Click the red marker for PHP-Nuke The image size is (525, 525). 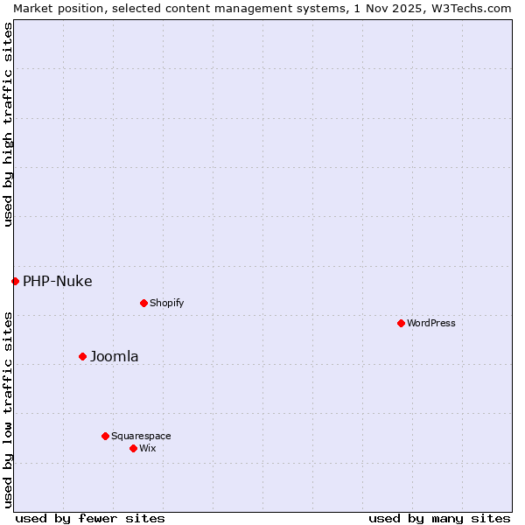pos(15,281)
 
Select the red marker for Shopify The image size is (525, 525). pos(143,303)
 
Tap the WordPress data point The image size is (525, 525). pos(401,323)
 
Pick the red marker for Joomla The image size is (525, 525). pos(82,356)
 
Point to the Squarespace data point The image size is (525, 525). pos(105,436)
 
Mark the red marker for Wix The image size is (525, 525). pos(133,448)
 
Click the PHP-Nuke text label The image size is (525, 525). pos(57,281)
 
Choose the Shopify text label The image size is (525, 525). pos(166,303)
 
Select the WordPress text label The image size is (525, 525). pos(430,323)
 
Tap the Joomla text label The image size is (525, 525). pos(114,356)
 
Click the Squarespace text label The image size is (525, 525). pos(141,436)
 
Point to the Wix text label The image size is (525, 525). pos(147,448)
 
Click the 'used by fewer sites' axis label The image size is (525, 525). pos(90,518)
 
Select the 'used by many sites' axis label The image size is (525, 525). pos(439,518)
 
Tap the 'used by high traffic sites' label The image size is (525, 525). pos(8,124)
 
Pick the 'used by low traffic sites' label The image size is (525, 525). pos(8,409)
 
